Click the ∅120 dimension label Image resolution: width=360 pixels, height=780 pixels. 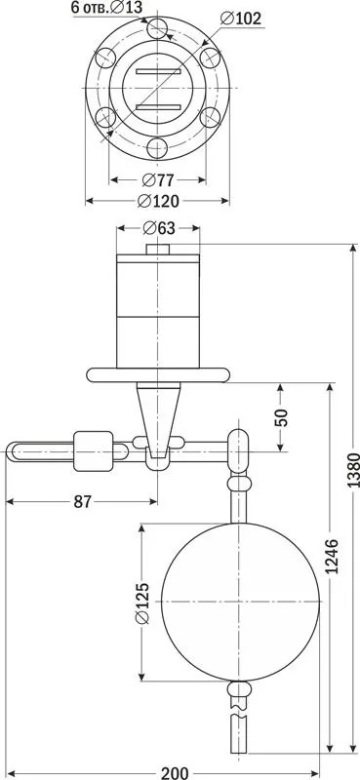click(x=157, y=201)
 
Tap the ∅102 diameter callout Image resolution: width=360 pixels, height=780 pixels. click(x=240, y=19)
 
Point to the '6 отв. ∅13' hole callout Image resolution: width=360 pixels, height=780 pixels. click(x=106, y=7)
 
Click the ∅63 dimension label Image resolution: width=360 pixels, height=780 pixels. click(x=159, y=228)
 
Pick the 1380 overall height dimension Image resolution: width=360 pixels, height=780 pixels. click(x=353, y=470)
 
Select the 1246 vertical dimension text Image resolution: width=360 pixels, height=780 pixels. click(x=333, y=556)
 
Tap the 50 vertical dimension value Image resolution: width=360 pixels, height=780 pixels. click(x=282, y=417)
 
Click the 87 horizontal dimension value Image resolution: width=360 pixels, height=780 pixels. click(x=83, y=502)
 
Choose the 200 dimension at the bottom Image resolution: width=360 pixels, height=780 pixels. click(x=175, y=773)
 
